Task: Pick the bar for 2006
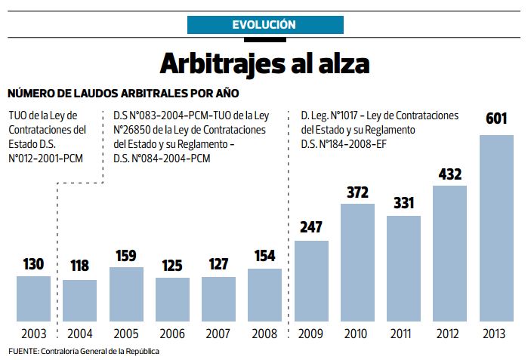(x=172, y=301)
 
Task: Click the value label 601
(x=496, y=119)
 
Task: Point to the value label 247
(x=311, y=226)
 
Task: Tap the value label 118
(x=79, y=266)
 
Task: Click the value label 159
(x=126, y=255)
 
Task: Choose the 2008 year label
(x=264, y=334)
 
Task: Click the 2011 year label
(x=403, y=334)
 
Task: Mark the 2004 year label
(x=79, y=334)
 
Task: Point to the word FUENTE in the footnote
(x=23, y=351)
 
